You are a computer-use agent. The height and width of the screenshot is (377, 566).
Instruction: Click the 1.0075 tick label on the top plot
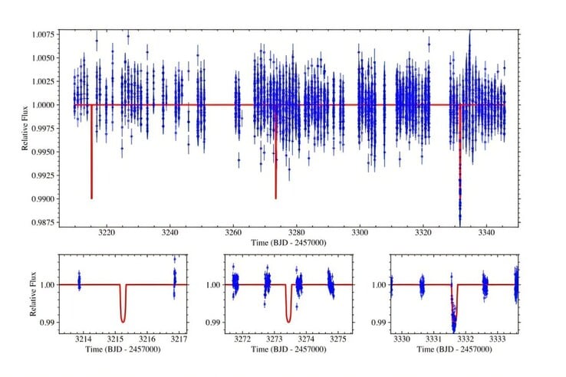tap(43, 34)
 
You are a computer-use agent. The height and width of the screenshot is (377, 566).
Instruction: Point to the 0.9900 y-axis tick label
tap(43, 198)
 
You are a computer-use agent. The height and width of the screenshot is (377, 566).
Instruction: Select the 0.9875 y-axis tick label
tap(43, 222)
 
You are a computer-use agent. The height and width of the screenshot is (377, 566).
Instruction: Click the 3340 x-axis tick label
tap(486, 232)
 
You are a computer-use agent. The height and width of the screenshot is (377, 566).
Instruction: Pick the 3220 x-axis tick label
tap(107, 232)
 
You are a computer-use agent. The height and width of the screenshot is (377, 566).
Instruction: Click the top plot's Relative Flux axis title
tap(25, 128)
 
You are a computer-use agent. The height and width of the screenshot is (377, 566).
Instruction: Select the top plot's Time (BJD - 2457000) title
tap(288, 243)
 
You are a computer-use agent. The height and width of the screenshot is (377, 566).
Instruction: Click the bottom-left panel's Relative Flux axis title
tap(33, 293)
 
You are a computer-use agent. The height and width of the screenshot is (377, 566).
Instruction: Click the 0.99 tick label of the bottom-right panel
tap(379, 322)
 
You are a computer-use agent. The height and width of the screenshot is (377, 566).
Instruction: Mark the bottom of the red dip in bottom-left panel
tap(123, 322)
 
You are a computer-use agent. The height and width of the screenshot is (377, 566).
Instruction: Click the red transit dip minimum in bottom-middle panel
tap(288, 322)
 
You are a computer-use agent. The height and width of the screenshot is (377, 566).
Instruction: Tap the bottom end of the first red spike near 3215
tap(92, 198)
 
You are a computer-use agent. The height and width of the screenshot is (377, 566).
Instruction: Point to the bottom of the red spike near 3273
tap(276, 198)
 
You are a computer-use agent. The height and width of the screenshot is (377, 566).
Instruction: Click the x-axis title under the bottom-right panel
tap(454, 349)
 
